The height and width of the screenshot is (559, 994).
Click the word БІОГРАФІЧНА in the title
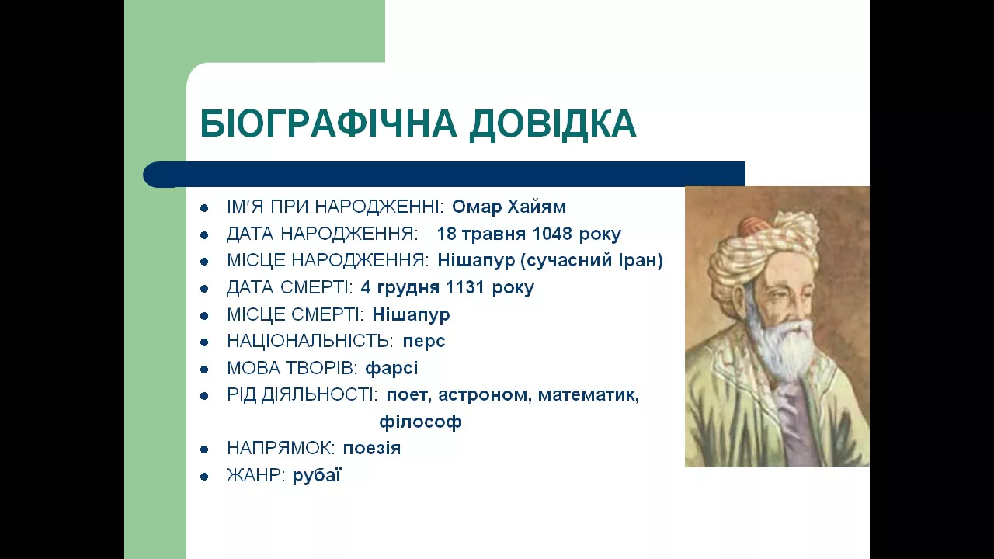pyautogui.click(x=328, y=123)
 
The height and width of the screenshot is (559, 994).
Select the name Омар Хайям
pyautogui.click(x=509, y=207)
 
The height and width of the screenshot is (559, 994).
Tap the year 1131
pyautogui.click(x=464, y=287)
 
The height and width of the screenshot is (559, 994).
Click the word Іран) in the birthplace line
pyautogui.click(x=641, y=260)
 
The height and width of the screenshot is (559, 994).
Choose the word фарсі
pyautogui.click(x=391, y=368)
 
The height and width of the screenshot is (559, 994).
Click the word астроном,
pyautogui.click(x=485, y=395)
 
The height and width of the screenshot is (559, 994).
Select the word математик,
pyautogui.click(x=589, y=395)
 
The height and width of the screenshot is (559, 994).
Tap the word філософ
pyautogui.click(x=420, y=422)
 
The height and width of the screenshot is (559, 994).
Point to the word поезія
pyautogui.click(x=372, y=449)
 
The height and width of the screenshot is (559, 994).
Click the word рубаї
pyautogui.click(x=317, y=476)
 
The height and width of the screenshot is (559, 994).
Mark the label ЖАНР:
pyautogui.click(x=255, y=476)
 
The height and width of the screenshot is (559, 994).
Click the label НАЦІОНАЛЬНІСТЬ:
pyautogui.click(x=310, y=341)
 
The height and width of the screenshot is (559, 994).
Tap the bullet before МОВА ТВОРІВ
pyautogui.click(x=204, y=370)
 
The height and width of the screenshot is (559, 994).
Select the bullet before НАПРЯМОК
pyautogui.click(x=204, y=450)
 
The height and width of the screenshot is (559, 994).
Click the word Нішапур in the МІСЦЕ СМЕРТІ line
pyautogui.click(x=411, y=315)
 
